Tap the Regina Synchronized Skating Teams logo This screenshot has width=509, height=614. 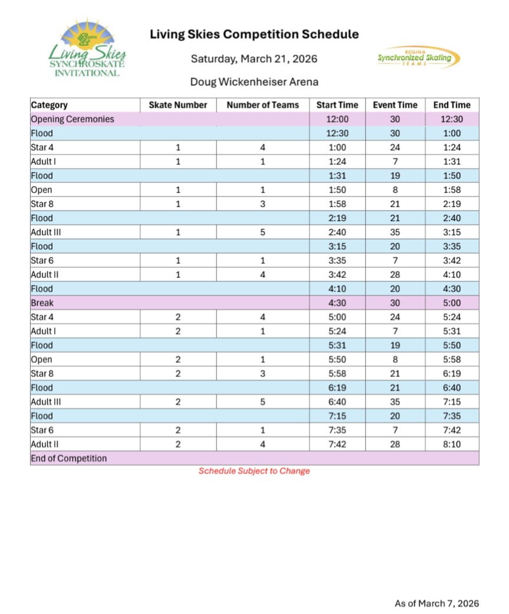click(418, 58)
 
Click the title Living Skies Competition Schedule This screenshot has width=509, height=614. click(254, 34)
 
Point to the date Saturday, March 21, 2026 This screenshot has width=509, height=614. click(254, 59)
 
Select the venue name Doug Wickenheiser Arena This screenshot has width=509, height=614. click(254, 81)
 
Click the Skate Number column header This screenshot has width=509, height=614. click(178, 105)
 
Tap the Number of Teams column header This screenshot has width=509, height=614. click(262, 105)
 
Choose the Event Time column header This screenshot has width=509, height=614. click(395, 105)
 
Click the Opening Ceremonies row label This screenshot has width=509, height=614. click(72, 119)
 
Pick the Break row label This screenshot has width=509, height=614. click(42, 303)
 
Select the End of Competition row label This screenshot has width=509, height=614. click(69, 458)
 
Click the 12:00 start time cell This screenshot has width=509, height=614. click(337, 119)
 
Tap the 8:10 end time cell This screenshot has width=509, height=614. click(452, 444)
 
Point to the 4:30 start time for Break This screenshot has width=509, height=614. click(337, 303)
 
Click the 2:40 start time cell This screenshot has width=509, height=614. click(337, 232)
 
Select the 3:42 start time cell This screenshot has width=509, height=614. click(337, 275)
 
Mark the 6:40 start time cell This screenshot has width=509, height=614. click(337, 402)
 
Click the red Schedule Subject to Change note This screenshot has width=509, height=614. click(254, 471)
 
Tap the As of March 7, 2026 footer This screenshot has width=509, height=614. click(436, 603)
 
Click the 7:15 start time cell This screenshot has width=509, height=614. click(337, 416)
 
